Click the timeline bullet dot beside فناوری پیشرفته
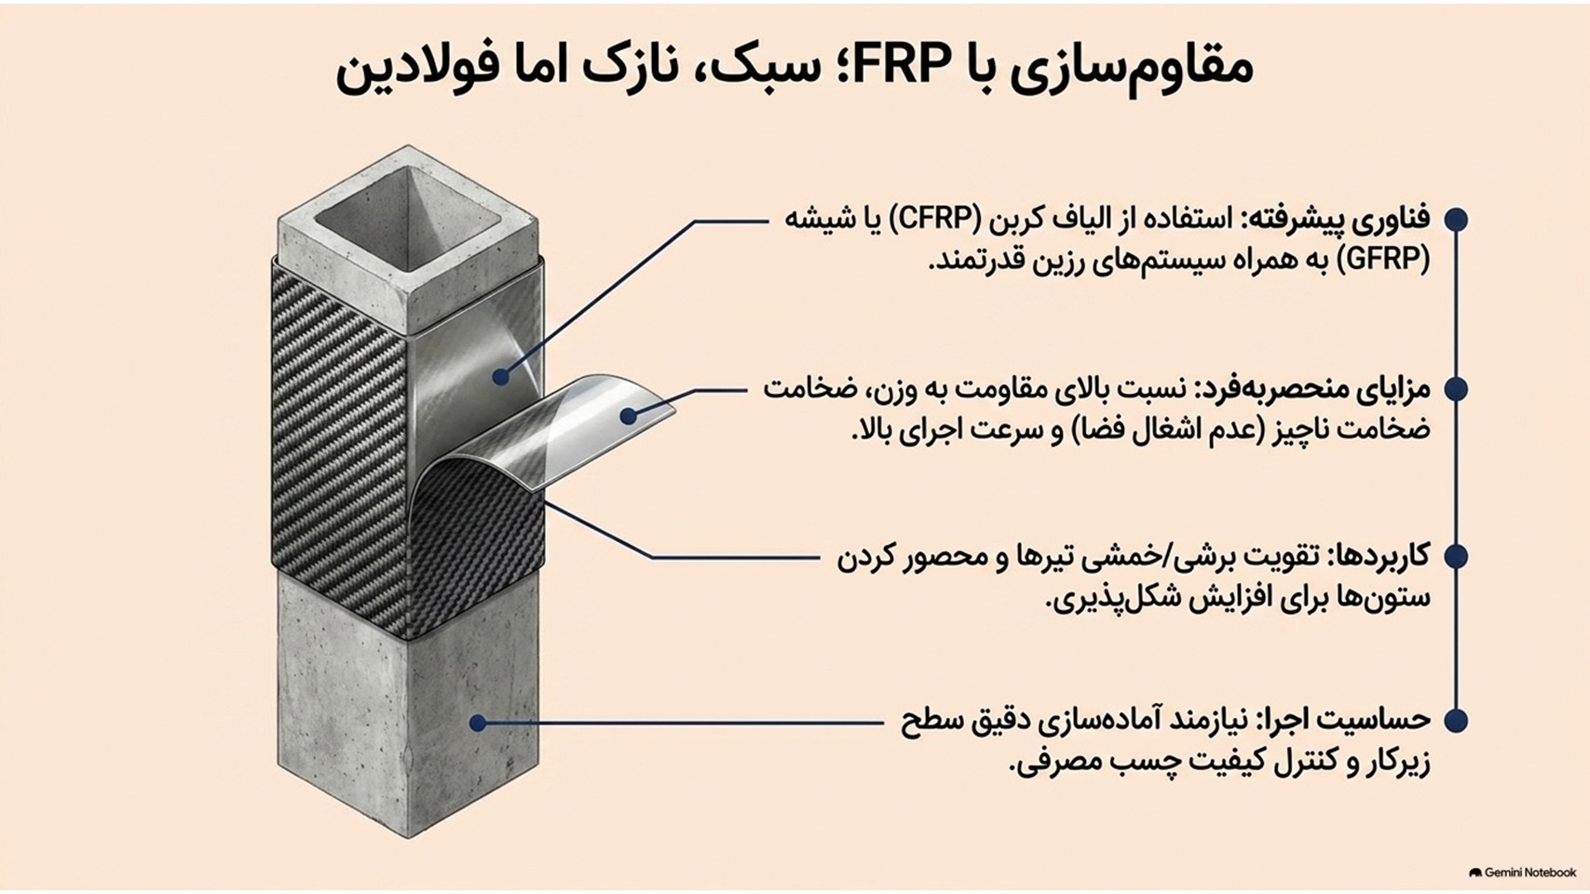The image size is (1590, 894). (x=1456, y=219)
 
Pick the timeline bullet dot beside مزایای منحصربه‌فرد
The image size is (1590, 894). (x=1456, y=389)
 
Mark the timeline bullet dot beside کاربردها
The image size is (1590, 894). (x=1456, y=556)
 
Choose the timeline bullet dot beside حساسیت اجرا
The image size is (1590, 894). (x=1456, y=720)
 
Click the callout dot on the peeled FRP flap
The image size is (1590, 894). (x=628, y=415)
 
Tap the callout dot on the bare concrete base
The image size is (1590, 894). (x=479, y=723)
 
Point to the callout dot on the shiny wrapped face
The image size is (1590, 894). (x=501, y=376)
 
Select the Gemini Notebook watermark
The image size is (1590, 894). (x=1522, y=872)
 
